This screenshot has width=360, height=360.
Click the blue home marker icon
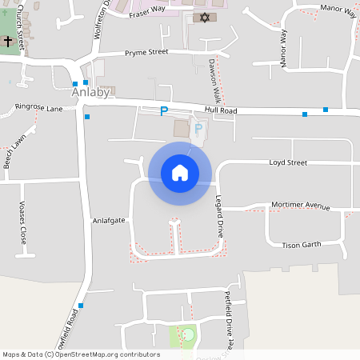(x=180, y=173)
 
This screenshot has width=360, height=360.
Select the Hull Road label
(x=220, y=112)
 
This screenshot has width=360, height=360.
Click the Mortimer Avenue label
(x=301, y=206)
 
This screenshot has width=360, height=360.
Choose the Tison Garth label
(x=301, y=245)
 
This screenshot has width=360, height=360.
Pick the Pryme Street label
(x=146, y=54)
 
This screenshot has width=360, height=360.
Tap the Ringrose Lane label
(x=38, y=106)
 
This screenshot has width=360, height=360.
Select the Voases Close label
(x=23, y=223)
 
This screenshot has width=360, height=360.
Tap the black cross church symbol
(x=8, y=39)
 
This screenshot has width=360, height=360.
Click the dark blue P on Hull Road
(x=164, y=111)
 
